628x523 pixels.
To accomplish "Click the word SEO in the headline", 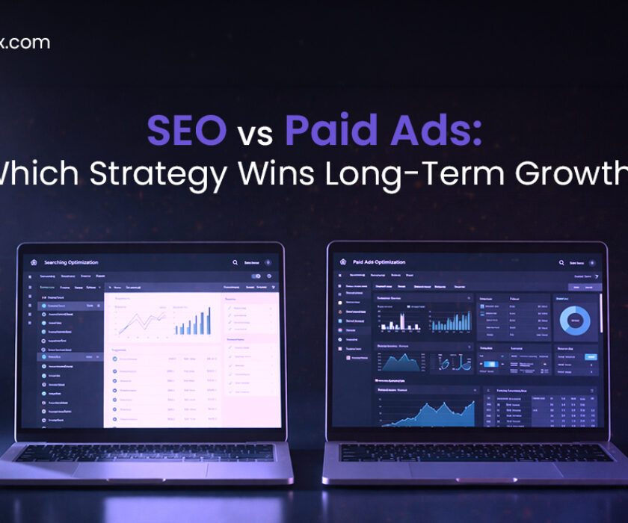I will coord(187,131).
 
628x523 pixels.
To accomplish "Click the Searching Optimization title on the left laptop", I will coord(71,262).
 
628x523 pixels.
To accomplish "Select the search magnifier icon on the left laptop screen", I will coord(235,263).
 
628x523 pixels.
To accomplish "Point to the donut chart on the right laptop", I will coord(576,320).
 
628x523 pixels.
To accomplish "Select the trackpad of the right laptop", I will coord(469,470).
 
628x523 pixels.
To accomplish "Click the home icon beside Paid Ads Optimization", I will coord(343,261).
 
